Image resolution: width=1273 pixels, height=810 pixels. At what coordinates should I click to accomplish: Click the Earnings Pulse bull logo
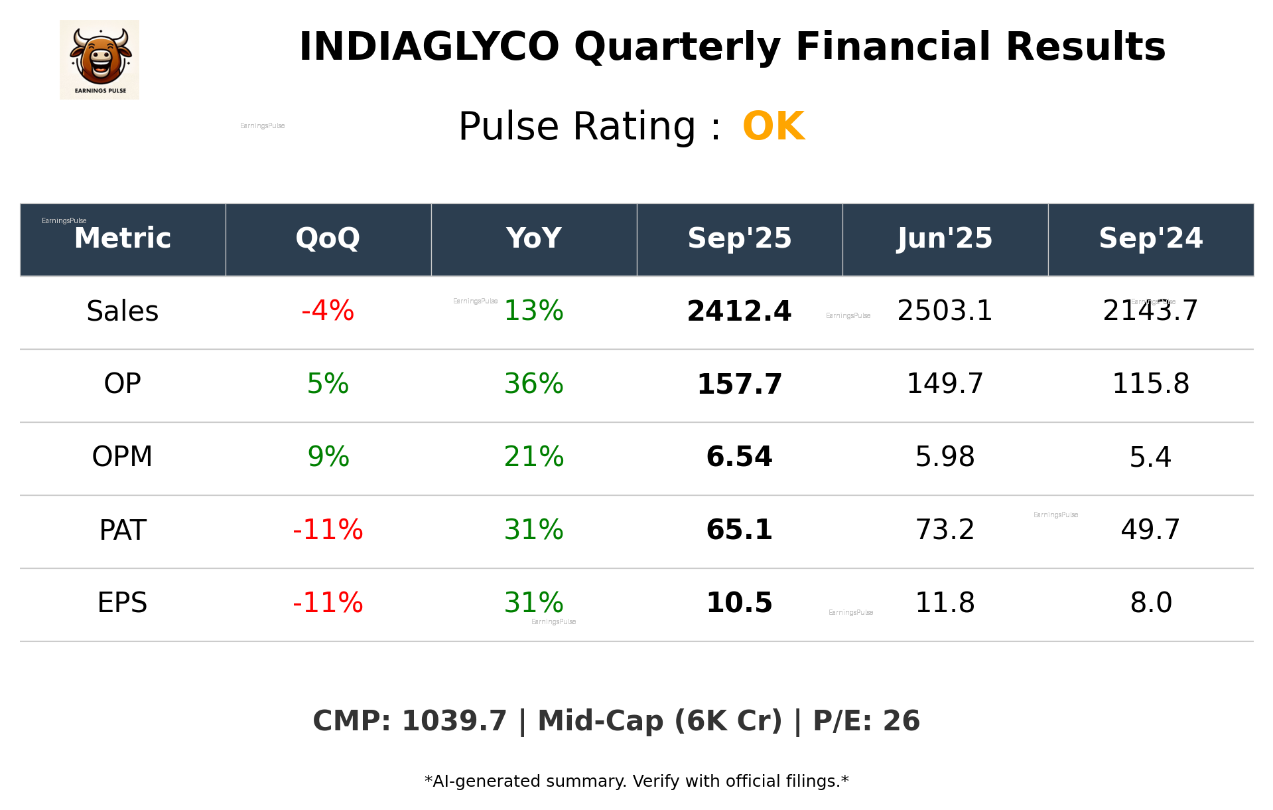click(x=100, y=59)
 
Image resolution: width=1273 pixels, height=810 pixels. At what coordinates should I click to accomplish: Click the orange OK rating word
click(x=773, y=126)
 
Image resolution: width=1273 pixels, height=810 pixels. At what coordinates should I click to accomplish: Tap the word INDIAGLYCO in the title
click(x=429, y=47)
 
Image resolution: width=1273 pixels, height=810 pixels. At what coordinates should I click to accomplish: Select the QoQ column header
click(x=328, y=238)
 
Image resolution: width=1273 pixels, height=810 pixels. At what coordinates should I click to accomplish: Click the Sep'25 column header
click(x=739, y=238)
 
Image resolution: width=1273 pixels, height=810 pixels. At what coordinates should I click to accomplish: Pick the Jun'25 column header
click(x=945, y=238)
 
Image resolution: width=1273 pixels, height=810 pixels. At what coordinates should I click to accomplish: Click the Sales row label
click(x=123, y=311)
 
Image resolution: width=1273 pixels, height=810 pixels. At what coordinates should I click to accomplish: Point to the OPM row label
click(x=123, y=457)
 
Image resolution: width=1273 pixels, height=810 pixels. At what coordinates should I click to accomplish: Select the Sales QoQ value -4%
click(x=328, y=311)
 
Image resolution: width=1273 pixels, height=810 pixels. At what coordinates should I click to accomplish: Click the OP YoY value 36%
click(x=533, y=384)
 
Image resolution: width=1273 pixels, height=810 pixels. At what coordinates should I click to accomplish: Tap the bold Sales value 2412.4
click(x=739, y=311)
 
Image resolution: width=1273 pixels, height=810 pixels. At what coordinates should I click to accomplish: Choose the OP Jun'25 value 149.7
click(x=945, y=384)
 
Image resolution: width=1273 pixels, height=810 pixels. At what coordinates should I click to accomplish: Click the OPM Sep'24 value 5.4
click(x=1150, y=457)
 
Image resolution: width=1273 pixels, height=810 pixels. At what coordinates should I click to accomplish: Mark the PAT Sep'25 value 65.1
click(x=739, y=530)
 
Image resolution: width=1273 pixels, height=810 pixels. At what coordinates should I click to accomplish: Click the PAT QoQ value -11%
click(x=328, y=530)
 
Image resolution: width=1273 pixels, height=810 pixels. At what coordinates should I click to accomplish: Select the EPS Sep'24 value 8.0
click(x=1151, y=603)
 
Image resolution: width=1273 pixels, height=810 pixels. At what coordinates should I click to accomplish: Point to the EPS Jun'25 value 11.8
click(x=945, y=603)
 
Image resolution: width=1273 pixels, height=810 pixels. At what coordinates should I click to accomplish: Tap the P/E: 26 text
click(x=866, y=721)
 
